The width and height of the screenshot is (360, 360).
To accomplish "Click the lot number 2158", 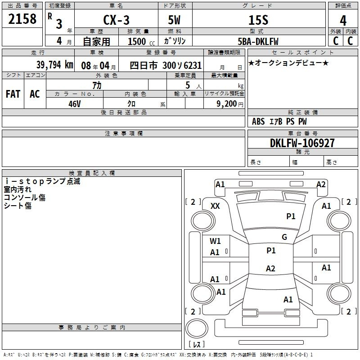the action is coord(22,19).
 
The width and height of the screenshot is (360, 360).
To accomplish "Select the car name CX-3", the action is coord(116,20).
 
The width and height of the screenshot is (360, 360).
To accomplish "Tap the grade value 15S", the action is coord(258,20).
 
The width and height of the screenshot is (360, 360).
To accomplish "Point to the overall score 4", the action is coord(343,21).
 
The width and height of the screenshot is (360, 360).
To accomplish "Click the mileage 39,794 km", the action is coord(54,65).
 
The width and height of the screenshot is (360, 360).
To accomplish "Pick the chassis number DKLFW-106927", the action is coord(302,143).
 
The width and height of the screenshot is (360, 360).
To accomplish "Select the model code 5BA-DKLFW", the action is coord(258,41).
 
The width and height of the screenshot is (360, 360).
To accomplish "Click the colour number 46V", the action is coord(75,104).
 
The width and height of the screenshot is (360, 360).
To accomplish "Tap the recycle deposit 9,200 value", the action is coord(227,104).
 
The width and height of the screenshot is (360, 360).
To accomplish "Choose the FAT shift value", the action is coord(13,94).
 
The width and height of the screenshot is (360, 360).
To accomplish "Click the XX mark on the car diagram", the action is coord(215,206).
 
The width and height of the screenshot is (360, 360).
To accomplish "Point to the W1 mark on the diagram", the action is coord(215,241).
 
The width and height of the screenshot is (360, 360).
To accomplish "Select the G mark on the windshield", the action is coord(284,237).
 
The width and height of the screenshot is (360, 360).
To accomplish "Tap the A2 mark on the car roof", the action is coord(270,268).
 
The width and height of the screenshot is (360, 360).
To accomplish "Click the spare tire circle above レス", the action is coord(197,328).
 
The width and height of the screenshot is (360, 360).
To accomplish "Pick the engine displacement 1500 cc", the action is coord(141,41).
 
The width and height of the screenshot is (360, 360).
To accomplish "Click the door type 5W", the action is coord(174,20).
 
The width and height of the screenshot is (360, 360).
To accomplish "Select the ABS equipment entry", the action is coord(258,121).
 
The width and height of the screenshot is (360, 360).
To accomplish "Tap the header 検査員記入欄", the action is coord(92,173).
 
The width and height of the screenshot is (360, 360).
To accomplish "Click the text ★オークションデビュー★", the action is coord(288,63).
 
